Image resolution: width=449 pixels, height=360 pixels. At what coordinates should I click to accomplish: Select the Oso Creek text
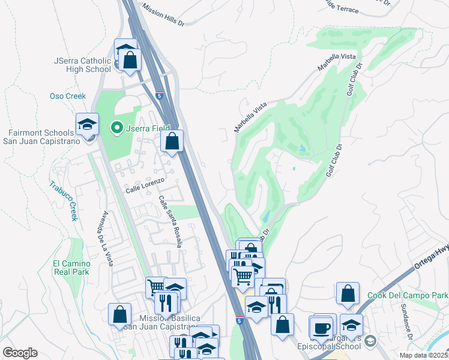click(x=67, y=96)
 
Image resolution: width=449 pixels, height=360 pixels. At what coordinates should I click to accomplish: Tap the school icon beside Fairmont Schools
click(x=87, y=125)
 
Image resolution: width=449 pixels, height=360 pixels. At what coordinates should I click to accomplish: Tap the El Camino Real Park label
click(x=71, y=268)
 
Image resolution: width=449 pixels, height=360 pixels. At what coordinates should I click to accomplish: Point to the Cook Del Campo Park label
click(x=408, y=296)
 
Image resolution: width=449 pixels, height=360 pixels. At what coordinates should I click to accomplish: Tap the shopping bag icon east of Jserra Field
click(x=172, y=142)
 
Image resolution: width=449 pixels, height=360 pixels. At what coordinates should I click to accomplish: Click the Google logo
click(x=20, y=353)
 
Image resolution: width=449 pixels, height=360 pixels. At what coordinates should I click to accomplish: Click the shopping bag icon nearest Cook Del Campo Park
click(x=348, y=293)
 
